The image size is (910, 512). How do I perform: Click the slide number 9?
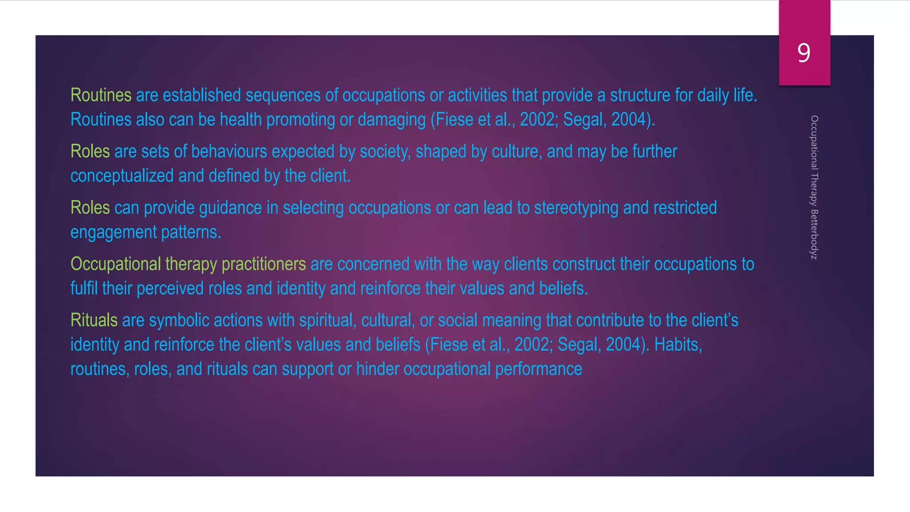click(804, 53)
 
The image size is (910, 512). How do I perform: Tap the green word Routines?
click(101, 95)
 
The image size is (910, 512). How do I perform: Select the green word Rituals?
click(94, 320)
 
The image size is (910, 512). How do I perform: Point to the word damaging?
click(391, 120)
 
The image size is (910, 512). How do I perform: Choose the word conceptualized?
click(122, 176)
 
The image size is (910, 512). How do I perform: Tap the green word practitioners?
click(263, 264)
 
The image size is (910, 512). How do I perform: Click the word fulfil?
click(84, 288)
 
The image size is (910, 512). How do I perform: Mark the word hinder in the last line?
click(378, 369)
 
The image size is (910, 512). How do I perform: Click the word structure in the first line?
click(640, 95)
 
